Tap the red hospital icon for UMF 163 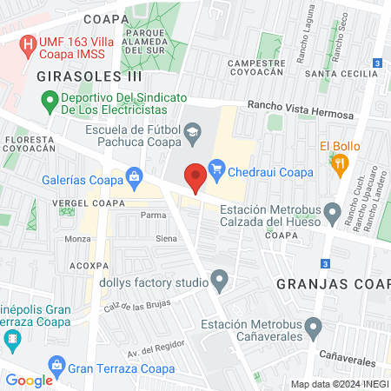(30, 43)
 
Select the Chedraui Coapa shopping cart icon (217, 171)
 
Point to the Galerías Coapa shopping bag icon (134, 178)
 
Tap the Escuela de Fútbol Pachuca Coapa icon (192, 132)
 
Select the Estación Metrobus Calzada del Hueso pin (331, 211)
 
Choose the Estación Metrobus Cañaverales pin (314, 328)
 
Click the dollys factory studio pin (220, 282)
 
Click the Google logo (30, 380)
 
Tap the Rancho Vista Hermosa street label (300, 109)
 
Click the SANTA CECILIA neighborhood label (348, 74)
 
